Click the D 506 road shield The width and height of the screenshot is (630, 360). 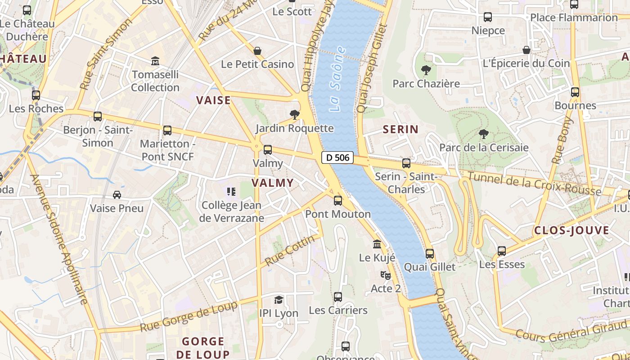pos(337,157)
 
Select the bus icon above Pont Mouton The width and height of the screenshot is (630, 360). pos(338,201)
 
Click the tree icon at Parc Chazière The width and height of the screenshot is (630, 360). pos(426,70)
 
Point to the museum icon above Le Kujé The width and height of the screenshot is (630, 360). pos(377,244)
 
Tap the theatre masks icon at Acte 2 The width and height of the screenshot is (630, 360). pos(385,275)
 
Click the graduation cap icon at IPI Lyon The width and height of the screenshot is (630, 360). pos(279,300)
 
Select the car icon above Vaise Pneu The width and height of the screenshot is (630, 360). pos(117,195)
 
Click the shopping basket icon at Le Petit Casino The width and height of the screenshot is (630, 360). pos(257,51)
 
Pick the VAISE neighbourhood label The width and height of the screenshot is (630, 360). pos(213,100)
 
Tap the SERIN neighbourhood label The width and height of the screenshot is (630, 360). pos(400,130)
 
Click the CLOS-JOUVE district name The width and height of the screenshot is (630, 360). pos(571,231)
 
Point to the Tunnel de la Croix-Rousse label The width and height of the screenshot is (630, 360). pos(534,184)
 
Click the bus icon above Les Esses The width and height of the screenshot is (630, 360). pos(502,251)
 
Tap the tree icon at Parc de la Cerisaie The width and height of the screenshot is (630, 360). pos(484,134)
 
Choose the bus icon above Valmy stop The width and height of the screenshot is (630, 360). pos(268,150)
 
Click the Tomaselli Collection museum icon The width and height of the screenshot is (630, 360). pos(155,61)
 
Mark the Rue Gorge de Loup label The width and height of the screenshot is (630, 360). pos(189,317)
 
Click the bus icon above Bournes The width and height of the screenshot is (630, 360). pos(575,92)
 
